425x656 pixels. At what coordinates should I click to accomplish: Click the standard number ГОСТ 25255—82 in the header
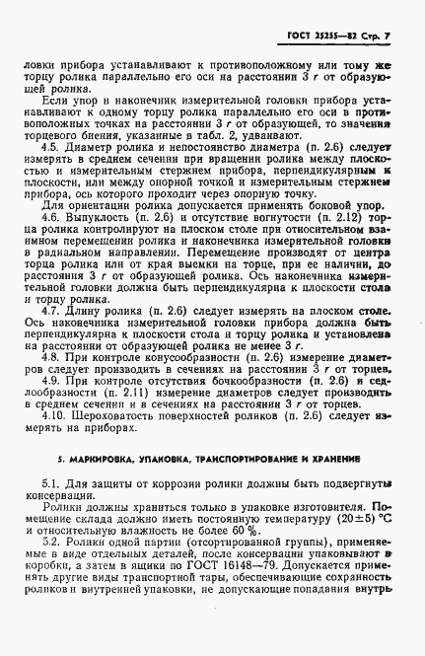click(x=313, y=37)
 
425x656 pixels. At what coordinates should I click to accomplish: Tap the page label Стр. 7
click(x=375, y=37)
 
